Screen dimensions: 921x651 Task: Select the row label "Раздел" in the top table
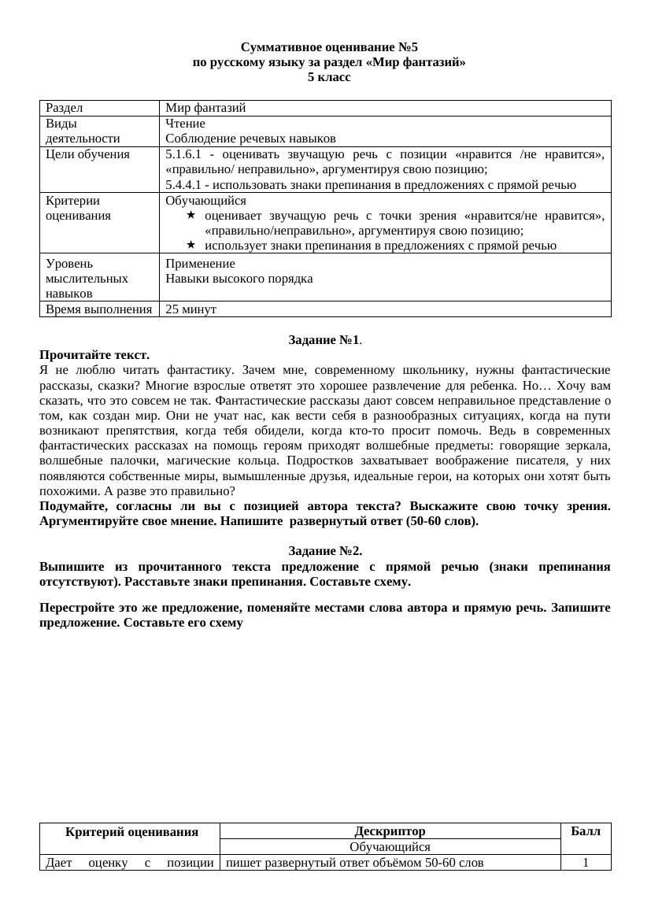(65, 108)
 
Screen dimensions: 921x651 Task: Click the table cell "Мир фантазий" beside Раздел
(205, 108)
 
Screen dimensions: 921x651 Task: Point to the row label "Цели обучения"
(87, 154)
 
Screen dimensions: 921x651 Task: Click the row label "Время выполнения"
(98, 309)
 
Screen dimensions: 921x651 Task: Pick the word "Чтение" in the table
(185, 124)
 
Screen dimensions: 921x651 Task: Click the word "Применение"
(200, 263)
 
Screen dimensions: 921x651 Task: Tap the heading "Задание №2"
(325, 551)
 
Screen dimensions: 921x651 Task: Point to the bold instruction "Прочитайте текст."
(94, 355)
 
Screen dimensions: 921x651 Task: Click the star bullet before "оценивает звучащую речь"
(190, 216)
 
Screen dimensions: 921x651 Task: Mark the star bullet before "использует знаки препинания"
(190, 246)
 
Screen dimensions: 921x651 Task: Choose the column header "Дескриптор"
(390, 831)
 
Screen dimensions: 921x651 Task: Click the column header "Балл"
(585, 831)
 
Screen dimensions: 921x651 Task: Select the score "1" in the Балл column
(586, 863)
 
